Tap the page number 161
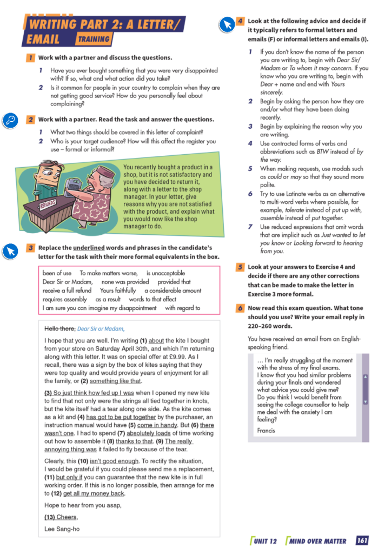(362, 540)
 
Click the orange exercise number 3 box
(31, 248)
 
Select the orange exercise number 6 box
(240, 308)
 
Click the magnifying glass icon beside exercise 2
(11, 121)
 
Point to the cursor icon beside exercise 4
(226, 24)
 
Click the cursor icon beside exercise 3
(11, 251)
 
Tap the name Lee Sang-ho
(62, 529)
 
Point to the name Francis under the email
(266, 431)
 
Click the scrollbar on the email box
(365, 389)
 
